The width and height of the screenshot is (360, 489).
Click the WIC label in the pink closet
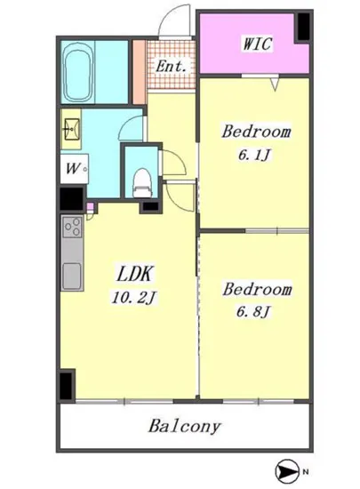tap(257, 44)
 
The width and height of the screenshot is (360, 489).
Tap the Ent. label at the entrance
tap(172, 66)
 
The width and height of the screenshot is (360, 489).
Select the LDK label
tap(135, 274)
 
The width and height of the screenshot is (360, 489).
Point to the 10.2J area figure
tap(133, 297)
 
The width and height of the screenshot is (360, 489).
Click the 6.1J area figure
tap(253, 155)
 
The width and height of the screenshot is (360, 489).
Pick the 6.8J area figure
tap(252, 311)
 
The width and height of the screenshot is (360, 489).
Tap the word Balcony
tap(185, 426)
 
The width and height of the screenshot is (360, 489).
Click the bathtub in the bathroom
tap(78, 73)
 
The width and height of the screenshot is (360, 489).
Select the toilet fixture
tap(142, 183)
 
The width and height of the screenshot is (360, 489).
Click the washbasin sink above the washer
tap(71, 129)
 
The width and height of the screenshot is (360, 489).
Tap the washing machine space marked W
tap(74, 169)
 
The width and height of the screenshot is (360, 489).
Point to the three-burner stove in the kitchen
tap(72, 227)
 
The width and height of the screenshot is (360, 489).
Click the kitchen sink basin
tap(72, 277)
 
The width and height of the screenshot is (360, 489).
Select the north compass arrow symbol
tap(286, 471)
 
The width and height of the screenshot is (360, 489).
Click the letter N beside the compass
tap(306, 471)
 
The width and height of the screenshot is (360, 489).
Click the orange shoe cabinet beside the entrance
tap(139, 72)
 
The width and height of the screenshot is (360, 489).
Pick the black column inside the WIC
tap(304, 27)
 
